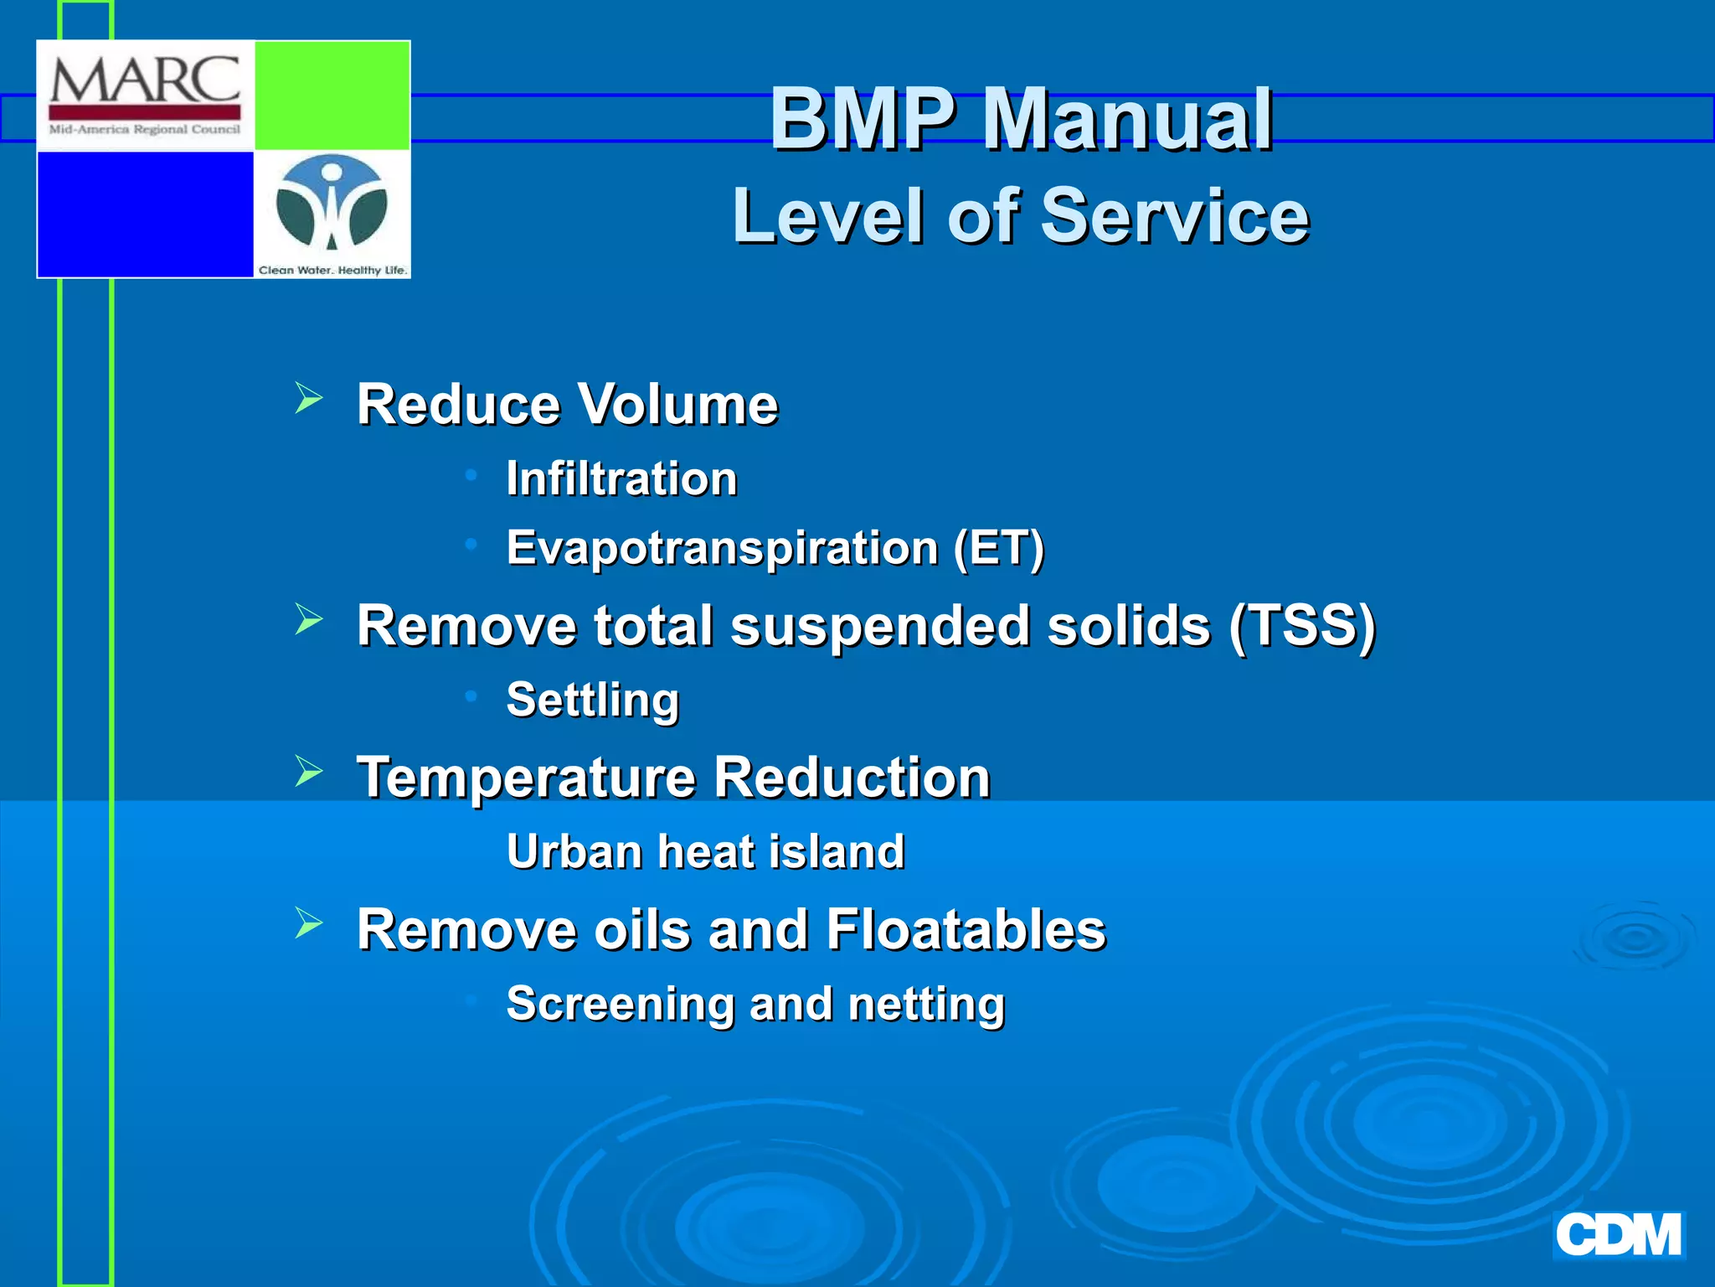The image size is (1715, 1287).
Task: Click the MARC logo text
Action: [x=145, y=81]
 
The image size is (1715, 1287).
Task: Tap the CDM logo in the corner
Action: [x=1618, y=1235]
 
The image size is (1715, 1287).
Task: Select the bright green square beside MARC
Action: [x=332, y=96]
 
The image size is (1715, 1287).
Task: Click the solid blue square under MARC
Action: [x=146, y=214]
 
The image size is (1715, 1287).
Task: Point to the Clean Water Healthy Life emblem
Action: [x=332, y=205]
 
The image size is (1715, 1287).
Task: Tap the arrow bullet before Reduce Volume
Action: [x=308, y=398]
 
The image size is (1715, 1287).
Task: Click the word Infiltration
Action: [x=621, y=478]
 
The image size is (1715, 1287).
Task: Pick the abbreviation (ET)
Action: [x=999, y=549]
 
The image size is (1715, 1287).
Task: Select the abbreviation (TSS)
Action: [x=1302, y=626]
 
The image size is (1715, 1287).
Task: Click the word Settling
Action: [x=593, y=700]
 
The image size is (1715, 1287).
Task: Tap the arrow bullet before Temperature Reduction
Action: [x=308, y=771]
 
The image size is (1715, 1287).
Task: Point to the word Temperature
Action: [x=526, y=778]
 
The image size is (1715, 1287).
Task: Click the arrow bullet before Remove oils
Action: [x=308, y=923]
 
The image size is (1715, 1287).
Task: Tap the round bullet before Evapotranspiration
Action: [x=471, y=545]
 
